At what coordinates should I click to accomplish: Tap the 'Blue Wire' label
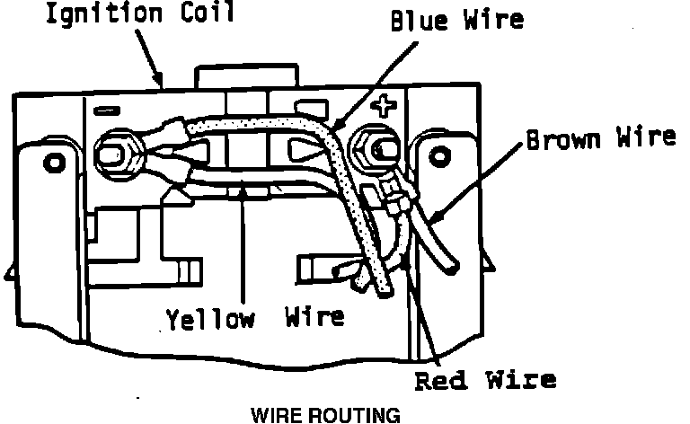click(456, 21)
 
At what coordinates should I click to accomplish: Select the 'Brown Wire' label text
click(600, 138)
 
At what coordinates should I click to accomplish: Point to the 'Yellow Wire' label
click(254, 318)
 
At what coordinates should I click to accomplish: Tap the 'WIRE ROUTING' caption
click(324, 416)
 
